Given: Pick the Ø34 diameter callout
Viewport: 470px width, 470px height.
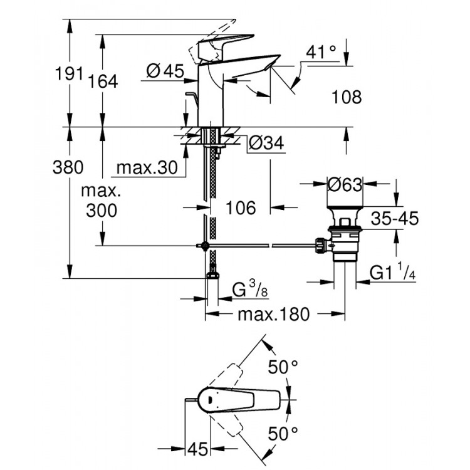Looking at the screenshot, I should point(266,144).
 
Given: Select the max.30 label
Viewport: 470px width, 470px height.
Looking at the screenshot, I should point(147,168).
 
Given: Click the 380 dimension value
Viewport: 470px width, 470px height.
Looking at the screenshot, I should point(69,168).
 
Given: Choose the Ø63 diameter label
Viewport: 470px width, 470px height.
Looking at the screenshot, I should point(345,184).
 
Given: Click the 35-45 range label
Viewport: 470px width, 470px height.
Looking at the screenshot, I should point(394,219).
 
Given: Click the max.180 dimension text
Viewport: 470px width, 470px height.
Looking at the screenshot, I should point(273,315).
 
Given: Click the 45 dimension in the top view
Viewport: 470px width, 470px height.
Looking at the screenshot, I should point(199,449).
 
